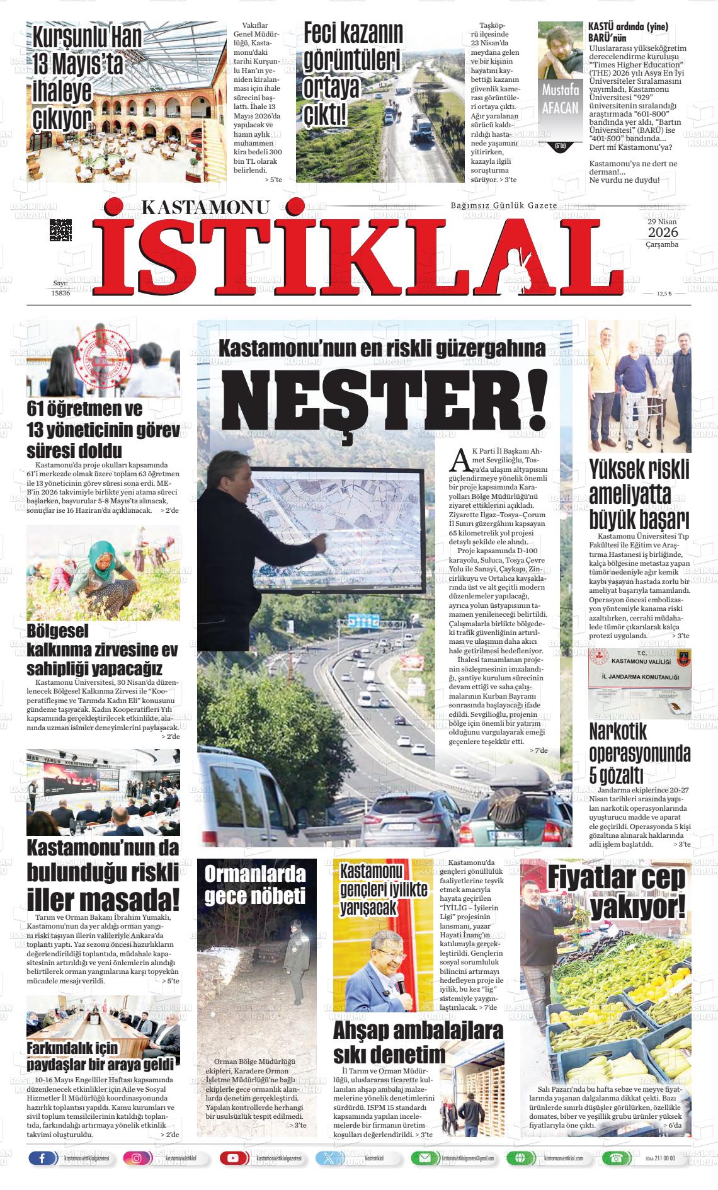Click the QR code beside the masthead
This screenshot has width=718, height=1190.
point(60,230)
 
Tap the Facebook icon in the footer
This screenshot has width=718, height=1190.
point(42,1158)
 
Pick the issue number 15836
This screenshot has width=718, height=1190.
point(60,293)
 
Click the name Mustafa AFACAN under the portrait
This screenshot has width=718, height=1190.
point(560,99)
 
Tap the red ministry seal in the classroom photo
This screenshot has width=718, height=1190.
point(103,355)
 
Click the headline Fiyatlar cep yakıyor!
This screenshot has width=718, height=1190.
point(615,893)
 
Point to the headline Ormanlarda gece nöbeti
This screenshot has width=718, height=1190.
point(255,885)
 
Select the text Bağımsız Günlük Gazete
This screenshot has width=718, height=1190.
point(503,206)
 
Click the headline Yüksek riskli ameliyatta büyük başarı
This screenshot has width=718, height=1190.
point(639,493)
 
